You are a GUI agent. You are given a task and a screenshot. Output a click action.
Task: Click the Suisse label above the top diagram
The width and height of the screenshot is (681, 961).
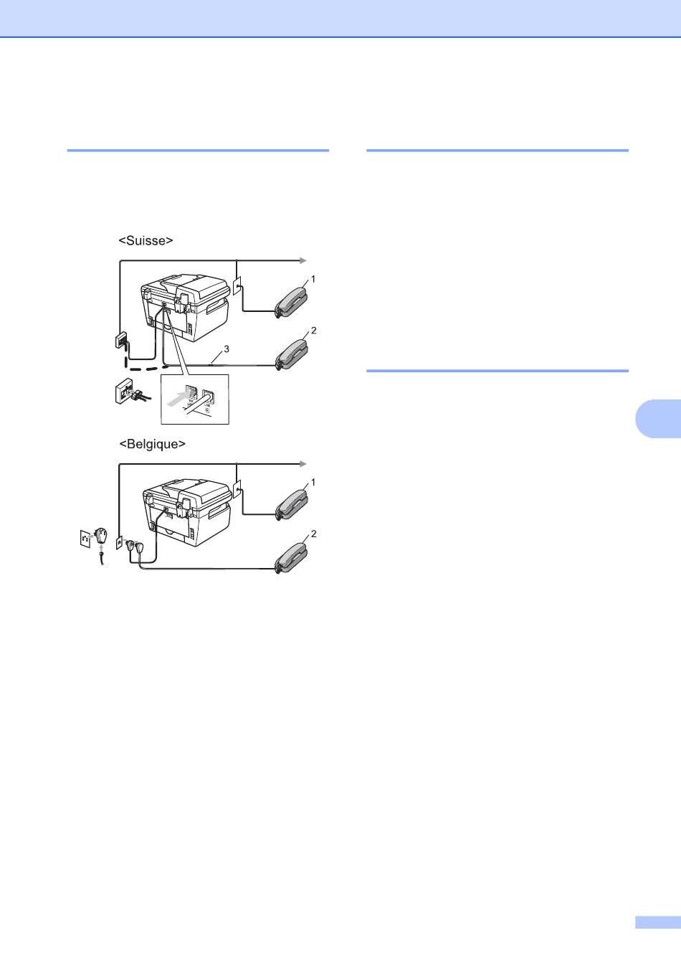pyautogui.click(x=146, y=241)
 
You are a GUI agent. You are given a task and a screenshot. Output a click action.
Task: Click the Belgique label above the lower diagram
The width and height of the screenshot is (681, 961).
pyautogui.click(x=152, y=444)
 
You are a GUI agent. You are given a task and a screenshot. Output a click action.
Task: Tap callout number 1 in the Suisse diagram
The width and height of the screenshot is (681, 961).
pyautogui.click(x=313, y=279)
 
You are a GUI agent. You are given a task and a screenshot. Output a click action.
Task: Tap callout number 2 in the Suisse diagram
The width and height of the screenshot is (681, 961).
pyautogui.click(x=313, y=331)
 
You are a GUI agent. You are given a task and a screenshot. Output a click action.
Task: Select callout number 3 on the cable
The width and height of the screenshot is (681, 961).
pyautogui.click(x=227, y=349)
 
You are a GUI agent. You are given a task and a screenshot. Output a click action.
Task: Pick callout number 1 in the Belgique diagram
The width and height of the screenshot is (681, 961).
pyautogui.click(x=313, y=482)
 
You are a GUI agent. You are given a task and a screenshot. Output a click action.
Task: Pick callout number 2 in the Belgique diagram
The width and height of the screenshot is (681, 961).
pyautogui.click(x=313, y=534)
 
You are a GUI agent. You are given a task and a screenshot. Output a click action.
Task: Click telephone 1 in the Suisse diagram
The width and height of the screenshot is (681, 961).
pyautogui.click(x=292, y=303)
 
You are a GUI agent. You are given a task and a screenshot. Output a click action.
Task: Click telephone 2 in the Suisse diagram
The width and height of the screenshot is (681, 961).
pyautogui.click(x=292, y=355)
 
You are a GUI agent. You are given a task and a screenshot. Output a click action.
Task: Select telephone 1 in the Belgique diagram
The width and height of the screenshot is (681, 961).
pyautogui.click(x=292, y=506)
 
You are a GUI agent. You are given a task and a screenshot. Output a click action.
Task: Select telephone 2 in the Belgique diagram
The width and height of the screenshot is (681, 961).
pyautogui.click(x=292, y=558)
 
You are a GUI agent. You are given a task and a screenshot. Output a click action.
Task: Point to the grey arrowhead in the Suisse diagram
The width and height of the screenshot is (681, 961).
pyautogui.click(x=303, y=260)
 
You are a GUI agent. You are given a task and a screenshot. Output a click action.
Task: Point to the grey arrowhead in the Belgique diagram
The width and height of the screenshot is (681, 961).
pyautogui.click(x=303, y=464)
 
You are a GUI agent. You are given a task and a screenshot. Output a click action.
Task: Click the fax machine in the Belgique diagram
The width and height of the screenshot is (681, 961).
pyautogui.click(x=187, y=512)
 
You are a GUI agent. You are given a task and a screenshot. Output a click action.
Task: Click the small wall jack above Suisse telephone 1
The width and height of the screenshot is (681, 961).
pyautogui.click(x=237, y=285)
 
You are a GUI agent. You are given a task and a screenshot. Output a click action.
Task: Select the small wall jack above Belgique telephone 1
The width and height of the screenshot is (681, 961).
pyautogui.click(x=237, y=489)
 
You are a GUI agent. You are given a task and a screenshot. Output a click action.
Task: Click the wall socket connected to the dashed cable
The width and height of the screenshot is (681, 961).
pyautogui.click(x=121, y=341)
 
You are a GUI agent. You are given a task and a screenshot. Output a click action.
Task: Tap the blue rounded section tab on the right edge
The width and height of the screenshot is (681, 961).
pyautogui.click(x=658, y=418)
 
